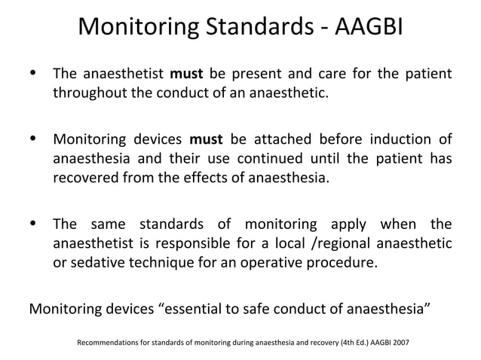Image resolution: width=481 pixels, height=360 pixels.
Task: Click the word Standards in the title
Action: click(x=259, y=27)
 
